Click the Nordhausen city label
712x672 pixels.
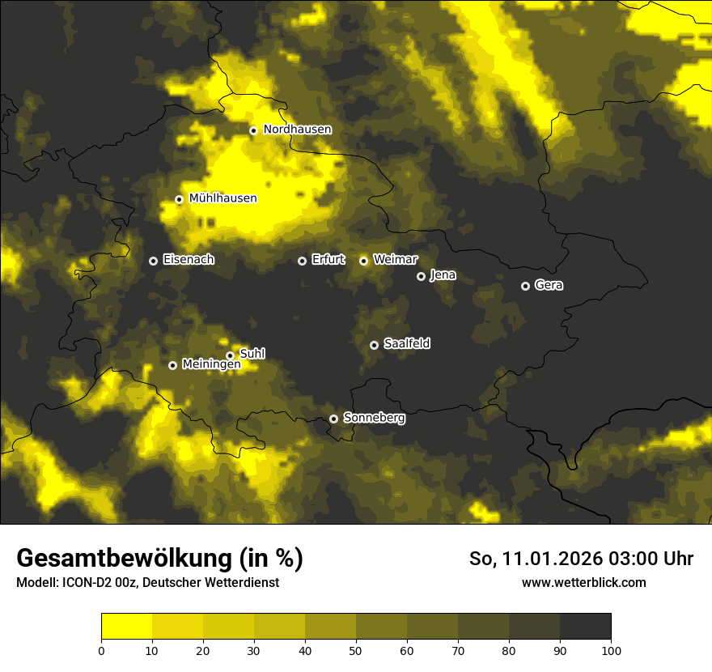297,130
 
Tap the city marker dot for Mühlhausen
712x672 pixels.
179,199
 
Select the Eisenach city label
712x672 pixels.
189,260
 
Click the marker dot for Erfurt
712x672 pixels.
302,261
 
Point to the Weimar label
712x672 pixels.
395,260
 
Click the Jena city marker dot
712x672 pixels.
421,276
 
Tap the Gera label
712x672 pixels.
549,285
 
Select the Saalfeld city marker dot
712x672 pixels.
374,345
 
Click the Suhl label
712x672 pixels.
252,354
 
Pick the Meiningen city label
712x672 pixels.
211,365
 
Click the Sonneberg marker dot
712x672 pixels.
333,419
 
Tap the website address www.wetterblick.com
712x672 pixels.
583,583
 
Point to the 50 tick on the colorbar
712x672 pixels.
356,649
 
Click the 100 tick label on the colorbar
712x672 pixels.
610,649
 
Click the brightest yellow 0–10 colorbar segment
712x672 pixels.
126,627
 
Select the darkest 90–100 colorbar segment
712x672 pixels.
585,627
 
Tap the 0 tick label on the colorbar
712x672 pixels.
101,649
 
